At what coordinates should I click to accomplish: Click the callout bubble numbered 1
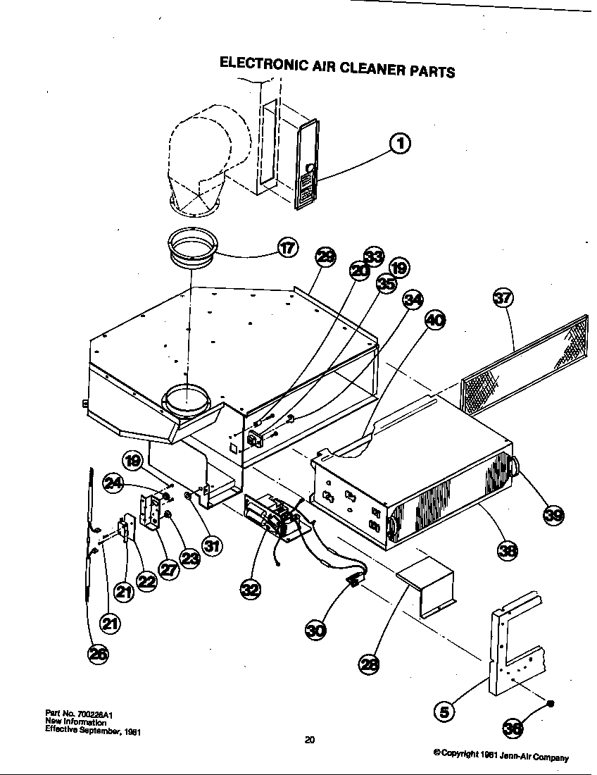point(400,143)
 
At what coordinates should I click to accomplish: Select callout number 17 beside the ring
point(287,249)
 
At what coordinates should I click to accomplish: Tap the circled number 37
point(503,299)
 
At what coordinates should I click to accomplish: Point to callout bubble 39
point(553,516)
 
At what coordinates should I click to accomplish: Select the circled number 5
point(444,712)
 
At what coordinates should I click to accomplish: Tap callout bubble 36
point(515,729)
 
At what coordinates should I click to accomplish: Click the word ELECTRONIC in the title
point(261,63)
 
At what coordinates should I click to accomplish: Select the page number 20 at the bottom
point(309,739)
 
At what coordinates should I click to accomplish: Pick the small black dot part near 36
point(551,703)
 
